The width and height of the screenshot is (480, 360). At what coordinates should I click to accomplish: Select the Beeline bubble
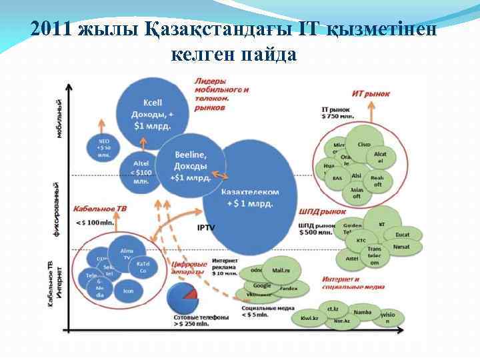[190, 163]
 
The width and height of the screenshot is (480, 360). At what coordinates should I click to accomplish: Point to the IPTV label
[206, 227]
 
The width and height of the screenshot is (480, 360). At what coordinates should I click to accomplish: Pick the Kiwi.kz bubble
[309, 319]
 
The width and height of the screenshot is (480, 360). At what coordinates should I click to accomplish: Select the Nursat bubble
[401, 247]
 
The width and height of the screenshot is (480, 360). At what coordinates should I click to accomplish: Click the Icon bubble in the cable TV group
[128, 291]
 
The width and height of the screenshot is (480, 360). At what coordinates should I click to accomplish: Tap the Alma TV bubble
[127, 253]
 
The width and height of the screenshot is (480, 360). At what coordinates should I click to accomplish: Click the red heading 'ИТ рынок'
[370, 94]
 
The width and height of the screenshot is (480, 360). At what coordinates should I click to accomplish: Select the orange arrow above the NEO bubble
[103, 126]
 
